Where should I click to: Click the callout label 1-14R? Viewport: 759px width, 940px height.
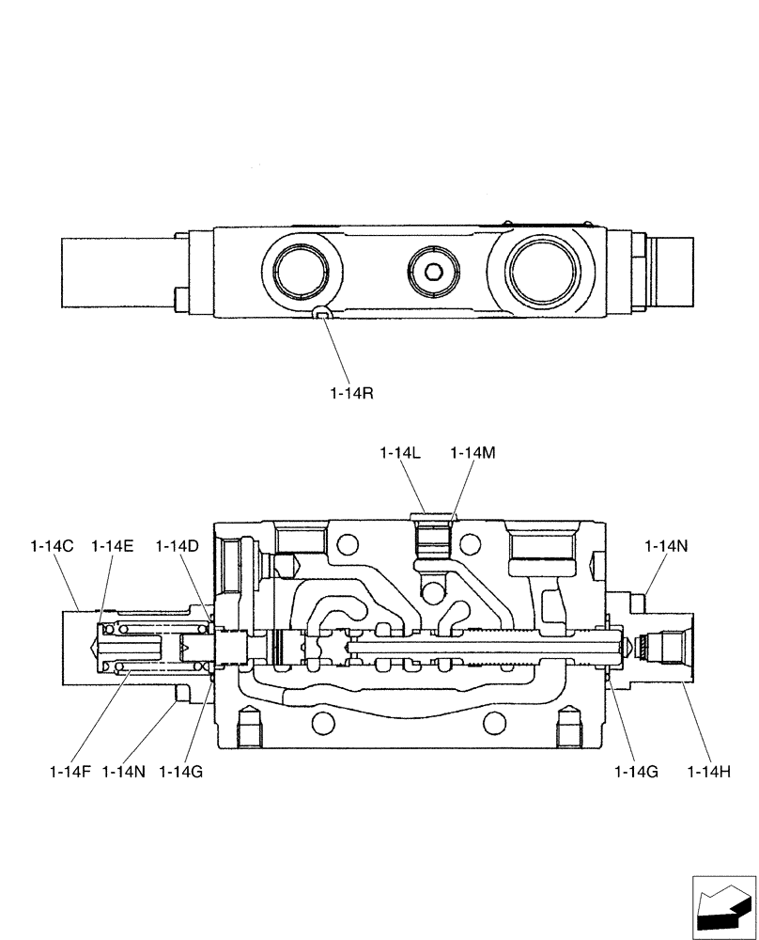pyautogui.click(x=351, y=395)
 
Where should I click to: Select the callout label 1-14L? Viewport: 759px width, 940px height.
pyautogui.click(x=400, y=453)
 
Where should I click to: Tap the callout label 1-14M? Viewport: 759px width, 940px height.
pyautogui.click(x=472, y=453)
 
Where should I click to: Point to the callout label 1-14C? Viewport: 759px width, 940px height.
pyautogui.click(x=52, y=545)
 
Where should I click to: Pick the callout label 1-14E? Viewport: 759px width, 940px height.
pyautogui.click(x=113, y=545)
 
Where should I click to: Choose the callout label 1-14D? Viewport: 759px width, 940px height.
pyautogui.click(x=178, y=545)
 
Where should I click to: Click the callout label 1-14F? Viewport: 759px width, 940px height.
pyautogui.click(x=70, y=772)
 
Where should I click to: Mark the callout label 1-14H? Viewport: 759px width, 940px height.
pyautogui.click(x=709, y=772)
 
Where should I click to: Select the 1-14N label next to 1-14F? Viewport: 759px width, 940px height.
pyautogui.click(x=124, y=772)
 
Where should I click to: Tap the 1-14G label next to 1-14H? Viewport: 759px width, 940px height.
pyautogui.click(x=636, y=772)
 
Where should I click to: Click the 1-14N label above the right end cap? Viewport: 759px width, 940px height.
pyautogui.click(x=666, y=545)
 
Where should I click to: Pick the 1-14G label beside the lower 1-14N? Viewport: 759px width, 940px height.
pyautogui.click(x=181, y=772)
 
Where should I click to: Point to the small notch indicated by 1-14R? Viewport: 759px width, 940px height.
pyautogui.click(x=321, y=314)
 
